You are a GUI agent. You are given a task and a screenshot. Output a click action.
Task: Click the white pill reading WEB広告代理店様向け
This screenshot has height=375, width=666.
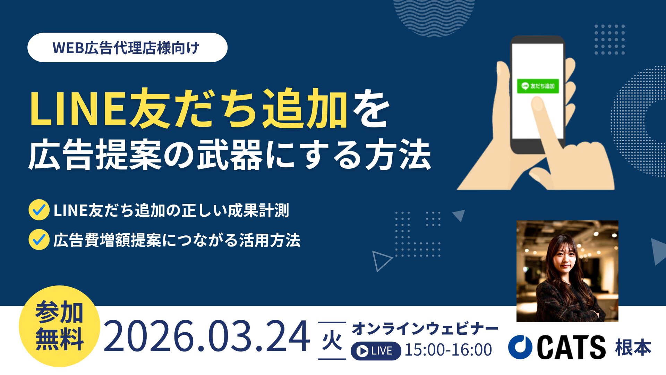(x=127, y=48)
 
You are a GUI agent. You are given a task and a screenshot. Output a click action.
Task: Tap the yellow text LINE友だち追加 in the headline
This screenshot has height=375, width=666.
(x=189, y=109)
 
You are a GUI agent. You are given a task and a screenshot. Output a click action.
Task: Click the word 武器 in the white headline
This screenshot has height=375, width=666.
(x=231, y=155)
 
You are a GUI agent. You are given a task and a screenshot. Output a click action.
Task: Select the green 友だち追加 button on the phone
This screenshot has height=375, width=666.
(x=538, y=86)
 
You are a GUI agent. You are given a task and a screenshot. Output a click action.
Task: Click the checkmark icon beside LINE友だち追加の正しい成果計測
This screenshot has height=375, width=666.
(x=39, y=210)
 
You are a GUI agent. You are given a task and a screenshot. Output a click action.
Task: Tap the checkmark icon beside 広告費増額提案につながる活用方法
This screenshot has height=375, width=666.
(x=39, y=240)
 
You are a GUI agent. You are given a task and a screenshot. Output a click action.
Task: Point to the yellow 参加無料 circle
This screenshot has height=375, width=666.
(x=59, y=326)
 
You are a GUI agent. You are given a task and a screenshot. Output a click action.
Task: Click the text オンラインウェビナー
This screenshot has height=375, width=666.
(x=425, y=328)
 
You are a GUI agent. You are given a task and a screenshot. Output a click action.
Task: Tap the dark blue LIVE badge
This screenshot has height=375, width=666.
(x=376, y=351)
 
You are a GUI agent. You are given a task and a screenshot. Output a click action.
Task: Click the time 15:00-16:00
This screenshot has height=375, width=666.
(x=449, y=350)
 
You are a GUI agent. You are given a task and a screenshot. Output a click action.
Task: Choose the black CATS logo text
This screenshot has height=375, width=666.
(x=571, y=347)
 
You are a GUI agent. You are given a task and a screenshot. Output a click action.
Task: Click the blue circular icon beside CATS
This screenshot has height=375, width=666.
(x=520, y=347)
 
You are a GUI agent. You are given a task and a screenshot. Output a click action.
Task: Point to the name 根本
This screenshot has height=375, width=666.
(x=633, y=348)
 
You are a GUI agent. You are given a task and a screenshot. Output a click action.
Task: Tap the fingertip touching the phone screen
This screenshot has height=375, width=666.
(x=537, y=103)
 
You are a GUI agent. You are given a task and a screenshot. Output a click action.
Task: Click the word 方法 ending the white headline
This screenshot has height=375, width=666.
(x=398, y=155)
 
